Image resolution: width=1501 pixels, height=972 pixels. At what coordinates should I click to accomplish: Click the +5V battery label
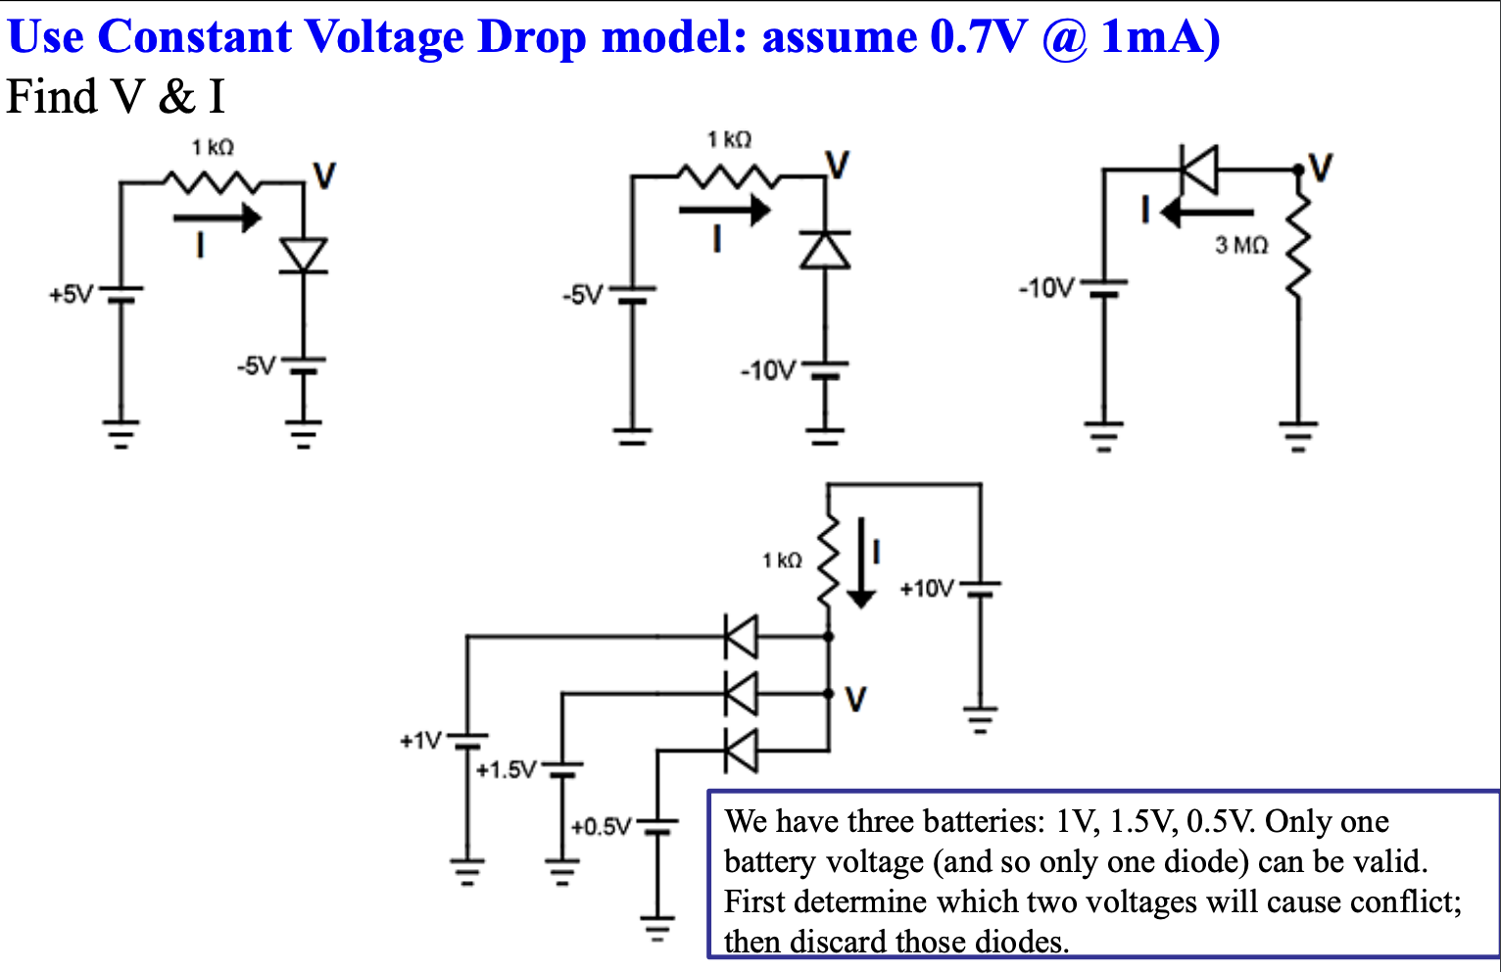(x=71, y=294)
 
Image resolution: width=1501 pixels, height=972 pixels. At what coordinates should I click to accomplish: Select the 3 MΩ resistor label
(x=1241, y=245)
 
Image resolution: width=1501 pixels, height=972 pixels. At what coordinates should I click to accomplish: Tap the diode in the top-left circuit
(x=303, y=256)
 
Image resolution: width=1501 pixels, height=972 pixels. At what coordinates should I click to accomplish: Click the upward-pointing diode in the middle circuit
(x=825, y=249)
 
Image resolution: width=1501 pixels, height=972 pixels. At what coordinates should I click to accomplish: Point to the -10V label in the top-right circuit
(x=1046, y=288)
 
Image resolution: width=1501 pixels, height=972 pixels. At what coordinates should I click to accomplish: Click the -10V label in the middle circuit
(x=768, y=370)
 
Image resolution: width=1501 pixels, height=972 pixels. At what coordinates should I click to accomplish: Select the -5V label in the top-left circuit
(x=257, y=366)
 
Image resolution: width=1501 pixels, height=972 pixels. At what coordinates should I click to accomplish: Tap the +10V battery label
(x=926, y=589)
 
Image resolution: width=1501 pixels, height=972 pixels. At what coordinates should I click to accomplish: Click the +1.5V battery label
(x=506, y=770)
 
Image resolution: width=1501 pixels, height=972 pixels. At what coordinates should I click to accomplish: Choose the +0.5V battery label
(x=601, y=827)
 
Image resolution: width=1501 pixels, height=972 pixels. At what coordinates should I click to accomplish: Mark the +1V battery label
(x=420, y=741)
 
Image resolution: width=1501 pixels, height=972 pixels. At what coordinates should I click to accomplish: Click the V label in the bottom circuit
(x=855, y=700)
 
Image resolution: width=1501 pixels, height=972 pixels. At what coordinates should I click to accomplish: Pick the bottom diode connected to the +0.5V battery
(x=741, y=751)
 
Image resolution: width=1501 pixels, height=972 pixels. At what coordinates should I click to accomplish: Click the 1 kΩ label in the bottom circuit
(x=782, y=560)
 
